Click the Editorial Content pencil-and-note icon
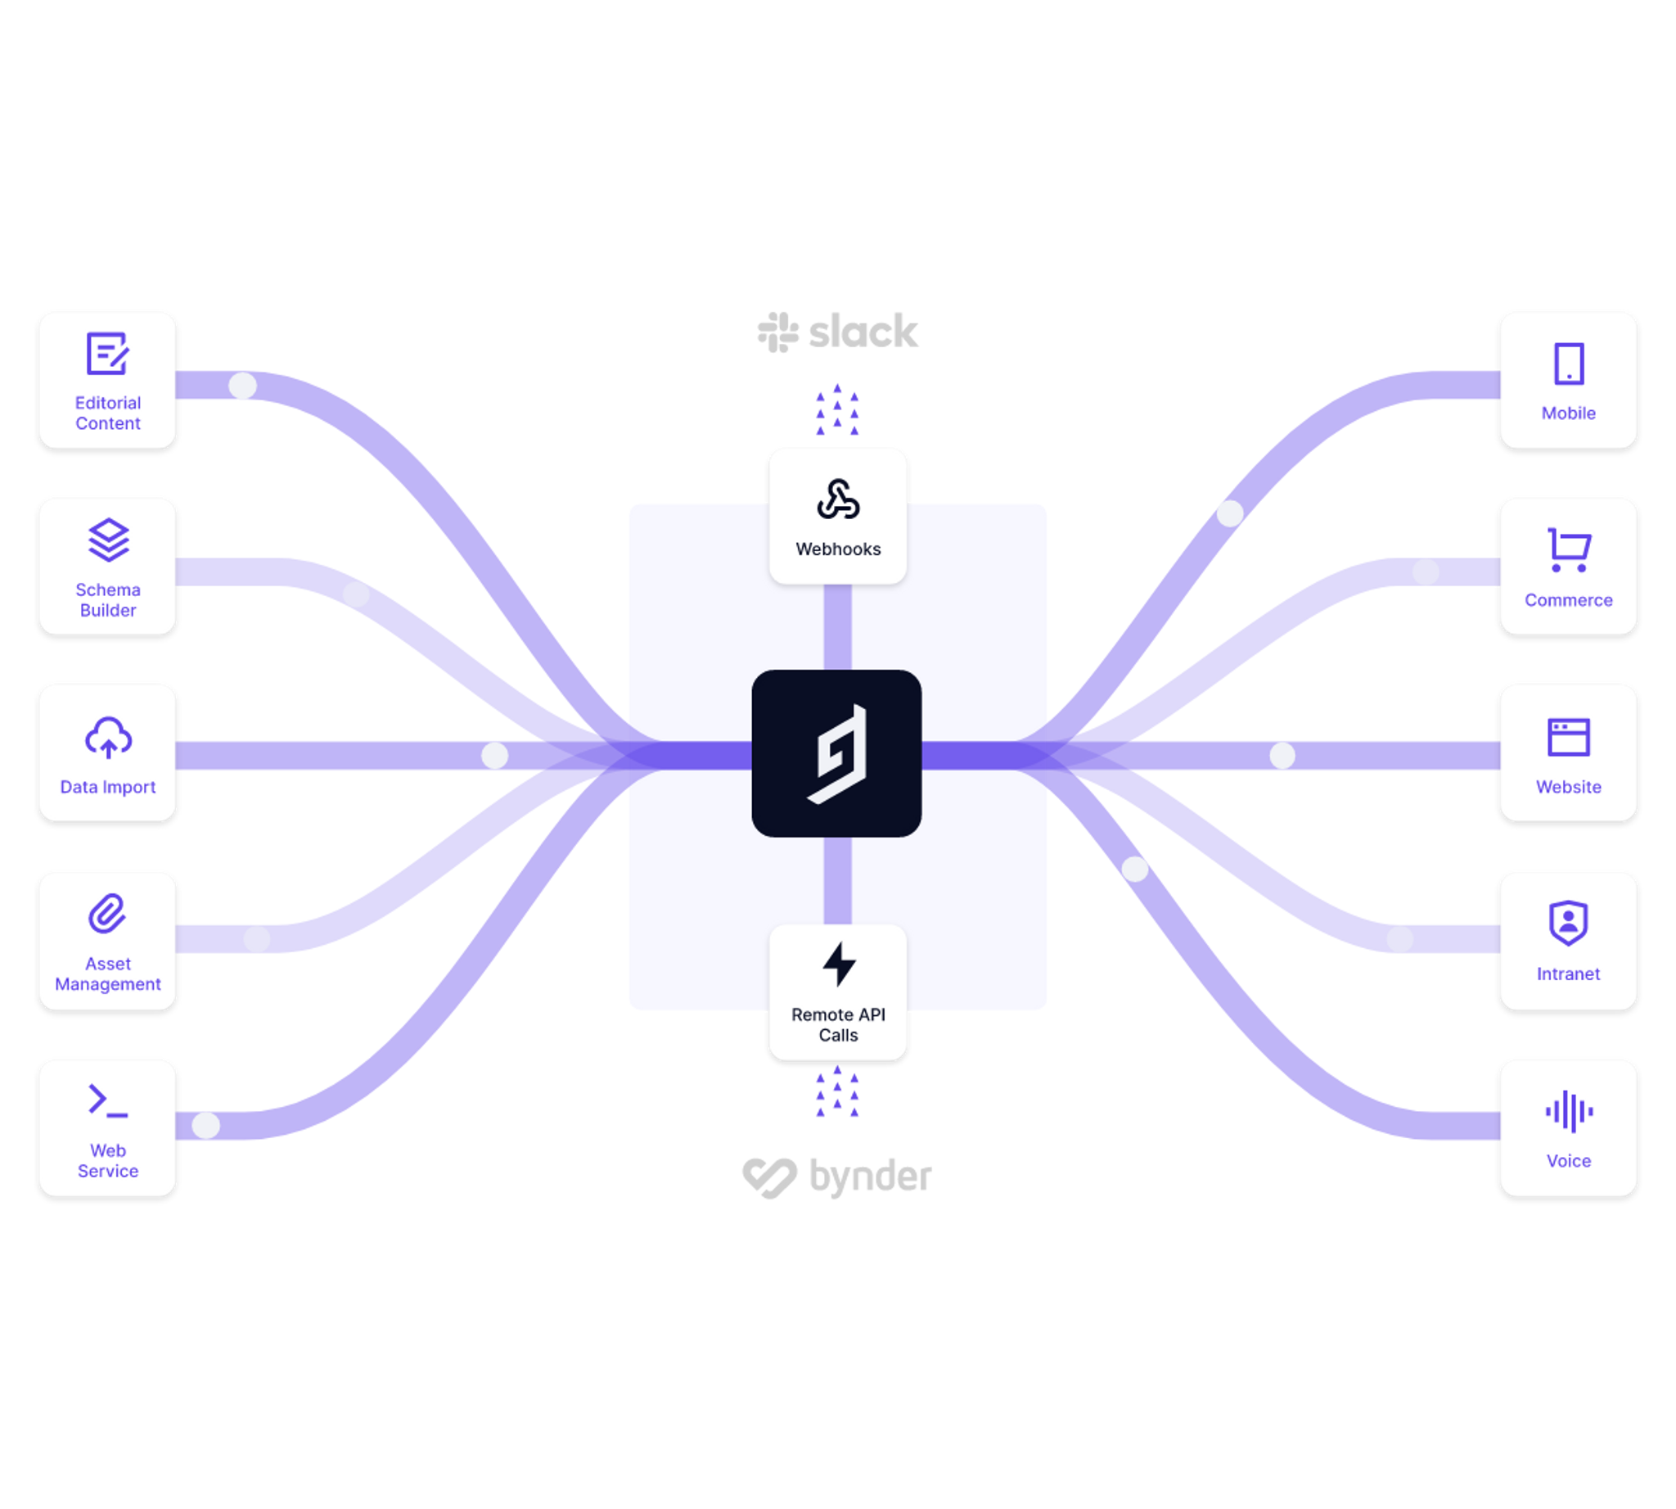tap(108, 354)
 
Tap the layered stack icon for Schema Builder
tap(109, 540)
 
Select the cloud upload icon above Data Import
tap(109, 737)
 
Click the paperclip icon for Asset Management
tap(108, 914)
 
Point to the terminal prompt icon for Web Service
tap(108, 1101)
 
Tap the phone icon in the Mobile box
tap(1568, 364)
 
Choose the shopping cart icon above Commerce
tap(1568, 549)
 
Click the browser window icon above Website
tap(1568, 737)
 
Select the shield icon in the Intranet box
tap(1568, 923)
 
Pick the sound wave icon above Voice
tap(1568, 1111)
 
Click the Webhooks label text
tap(838, 549)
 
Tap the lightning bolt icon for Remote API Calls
tap(839, 965)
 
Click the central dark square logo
tap(836, 753)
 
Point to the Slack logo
tap(838, 332)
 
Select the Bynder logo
tap(836, 1177)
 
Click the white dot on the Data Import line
tap(495, 756)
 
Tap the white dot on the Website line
tap(1282, 756)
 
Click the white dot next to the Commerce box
tap(1426, 572)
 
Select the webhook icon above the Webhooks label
tap(838, 499)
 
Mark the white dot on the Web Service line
tap(205, 1125)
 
